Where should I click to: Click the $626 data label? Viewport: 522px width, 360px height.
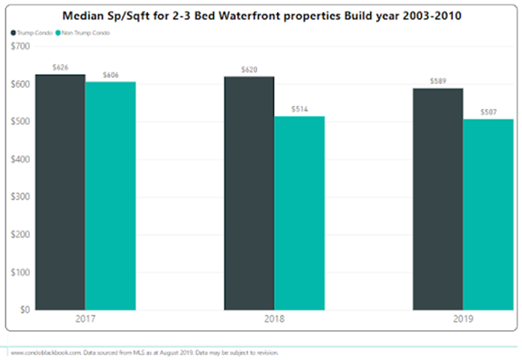[60, 68]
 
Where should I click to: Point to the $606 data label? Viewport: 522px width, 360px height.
[110, 75]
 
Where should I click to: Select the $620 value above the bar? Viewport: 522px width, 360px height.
[249, 70]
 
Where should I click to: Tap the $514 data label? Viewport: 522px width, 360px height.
[299, 110]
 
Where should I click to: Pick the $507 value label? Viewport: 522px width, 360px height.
[488, 113]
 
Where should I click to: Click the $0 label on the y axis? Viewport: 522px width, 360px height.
[24, 309]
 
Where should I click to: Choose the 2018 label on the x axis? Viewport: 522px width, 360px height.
[274, 319]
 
